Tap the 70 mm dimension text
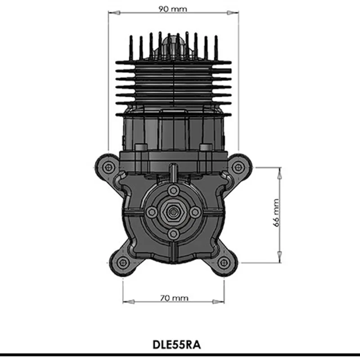click(174, 298)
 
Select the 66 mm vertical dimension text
click(276, 213)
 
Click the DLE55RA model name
click(176, 345)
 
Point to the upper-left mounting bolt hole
click(108, 167)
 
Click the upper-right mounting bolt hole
click(238, 167)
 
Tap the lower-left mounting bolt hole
click(123, 263)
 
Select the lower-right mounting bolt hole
click(224, 263)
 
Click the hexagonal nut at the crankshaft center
click(173, 212)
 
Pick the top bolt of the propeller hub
click(173, 190)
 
